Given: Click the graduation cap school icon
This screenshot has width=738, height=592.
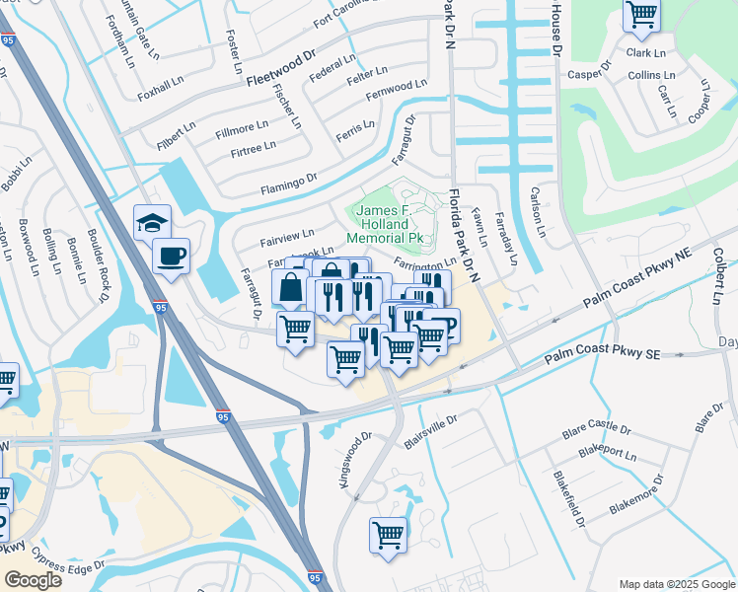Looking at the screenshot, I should coord(153,222).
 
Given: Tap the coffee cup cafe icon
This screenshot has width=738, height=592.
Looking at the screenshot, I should coord(171,257).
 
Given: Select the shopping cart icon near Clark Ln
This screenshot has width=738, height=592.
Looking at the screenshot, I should coord(641,14).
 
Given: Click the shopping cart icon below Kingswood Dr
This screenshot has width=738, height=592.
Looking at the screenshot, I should coord(388,535).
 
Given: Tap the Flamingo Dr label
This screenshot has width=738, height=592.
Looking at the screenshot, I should coord(288,180).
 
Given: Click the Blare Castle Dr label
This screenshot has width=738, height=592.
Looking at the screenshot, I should coord(595,430).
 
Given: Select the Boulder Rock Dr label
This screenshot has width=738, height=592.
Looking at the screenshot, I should coord(100,267).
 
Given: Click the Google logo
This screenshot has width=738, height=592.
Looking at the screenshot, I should coord(33,579).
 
